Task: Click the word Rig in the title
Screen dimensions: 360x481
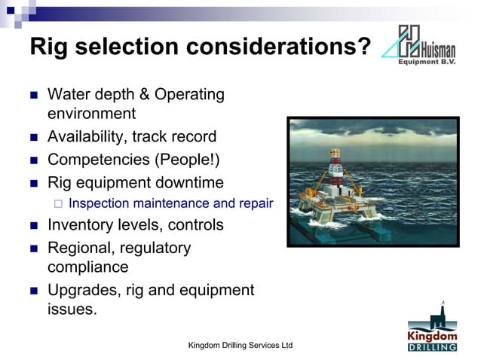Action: pyautogui.click(x=50, y=47)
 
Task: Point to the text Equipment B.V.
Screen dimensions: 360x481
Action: pyautogui.click(x=428, y=63)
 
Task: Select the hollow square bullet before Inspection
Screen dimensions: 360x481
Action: pyautogui.click(x=57, y=203)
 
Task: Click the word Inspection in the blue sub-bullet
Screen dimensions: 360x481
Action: pyautogui.click(x=100, y=203)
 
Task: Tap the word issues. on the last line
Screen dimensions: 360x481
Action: pyautogui.click(x=72, y=309)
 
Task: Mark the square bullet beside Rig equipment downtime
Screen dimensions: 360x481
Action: pyautogui.click(x=32, y=182)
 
